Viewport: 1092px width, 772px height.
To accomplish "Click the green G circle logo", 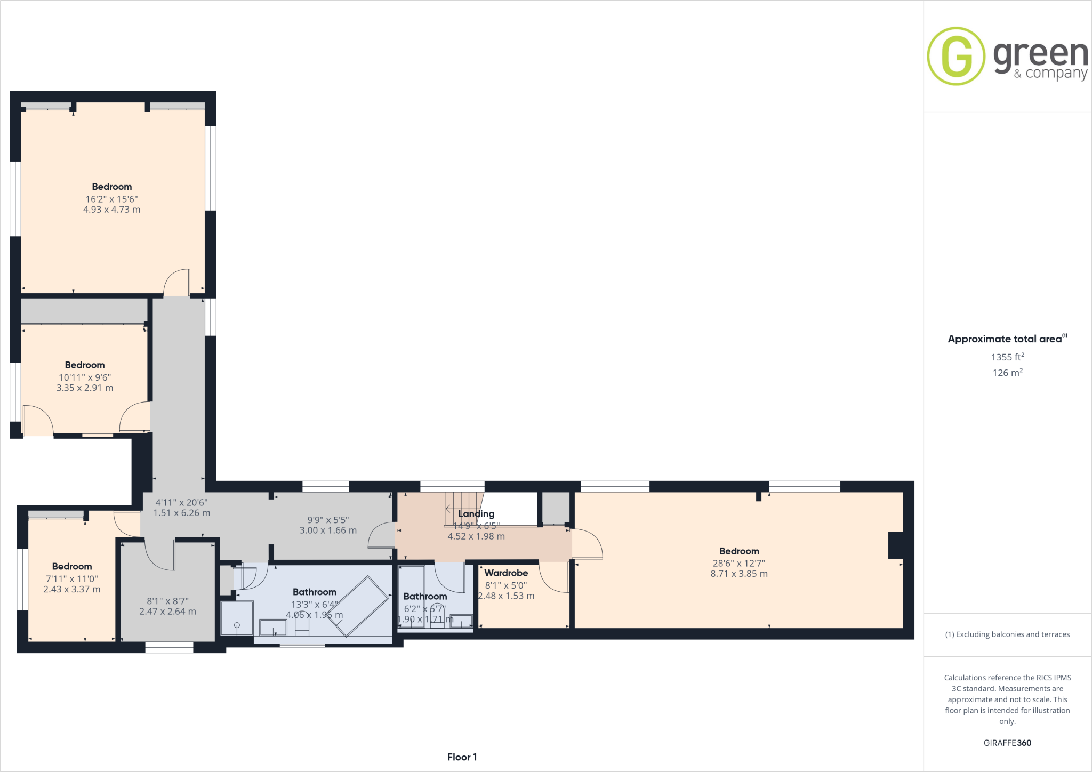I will tap(956, 56).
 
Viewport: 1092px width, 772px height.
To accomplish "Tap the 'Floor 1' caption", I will tap(462, 757).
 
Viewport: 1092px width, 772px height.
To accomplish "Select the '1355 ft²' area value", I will tap(1007, 357).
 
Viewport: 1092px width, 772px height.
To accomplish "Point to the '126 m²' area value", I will tap(1007, 373).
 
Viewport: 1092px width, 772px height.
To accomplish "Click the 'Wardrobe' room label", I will tap(506, 573).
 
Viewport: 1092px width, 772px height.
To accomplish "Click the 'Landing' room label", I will tap(476, 514).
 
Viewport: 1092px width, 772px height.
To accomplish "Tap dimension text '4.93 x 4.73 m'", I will tap(111, 210).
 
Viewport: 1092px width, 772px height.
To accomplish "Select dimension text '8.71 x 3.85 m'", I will tap(739, 574).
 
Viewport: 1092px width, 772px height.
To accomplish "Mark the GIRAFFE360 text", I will tap(1007, 743).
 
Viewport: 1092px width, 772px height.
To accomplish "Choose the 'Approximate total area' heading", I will tap(1005, 339).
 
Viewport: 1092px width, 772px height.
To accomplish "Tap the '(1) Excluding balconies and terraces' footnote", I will tap(1007, 634).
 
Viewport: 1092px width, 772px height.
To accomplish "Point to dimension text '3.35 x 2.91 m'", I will tap(85, 388).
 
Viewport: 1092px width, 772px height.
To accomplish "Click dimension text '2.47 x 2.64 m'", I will tap(167, 612).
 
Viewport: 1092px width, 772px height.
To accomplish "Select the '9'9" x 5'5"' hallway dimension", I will tap(328, 520).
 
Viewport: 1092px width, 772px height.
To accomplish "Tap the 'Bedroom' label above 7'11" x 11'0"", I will tap(72, 567).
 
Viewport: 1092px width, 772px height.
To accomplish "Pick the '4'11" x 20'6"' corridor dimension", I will tap(181, 502).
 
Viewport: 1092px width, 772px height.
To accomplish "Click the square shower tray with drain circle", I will tap(237, 618).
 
